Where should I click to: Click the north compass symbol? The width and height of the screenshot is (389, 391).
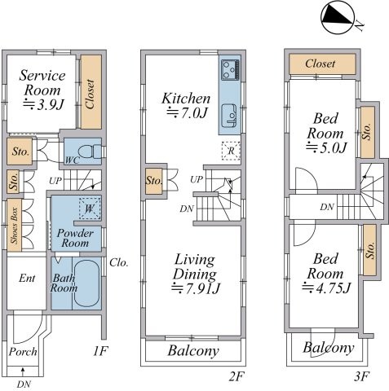336,19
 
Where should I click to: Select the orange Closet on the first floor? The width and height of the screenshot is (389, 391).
90,91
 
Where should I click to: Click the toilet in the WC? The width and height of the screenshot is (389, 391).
93,151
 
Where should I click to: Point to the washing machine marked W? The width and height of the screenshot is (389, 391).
87,209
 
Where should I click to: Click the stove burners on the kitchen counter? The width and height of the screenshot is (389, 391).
229,71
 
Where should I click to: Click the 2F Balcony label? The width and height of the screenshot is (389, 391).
193,351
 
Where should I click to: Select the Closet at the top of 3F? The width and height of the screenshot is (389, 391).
320,64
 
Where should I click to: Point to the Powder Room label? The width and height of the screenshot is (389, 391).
75,238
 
